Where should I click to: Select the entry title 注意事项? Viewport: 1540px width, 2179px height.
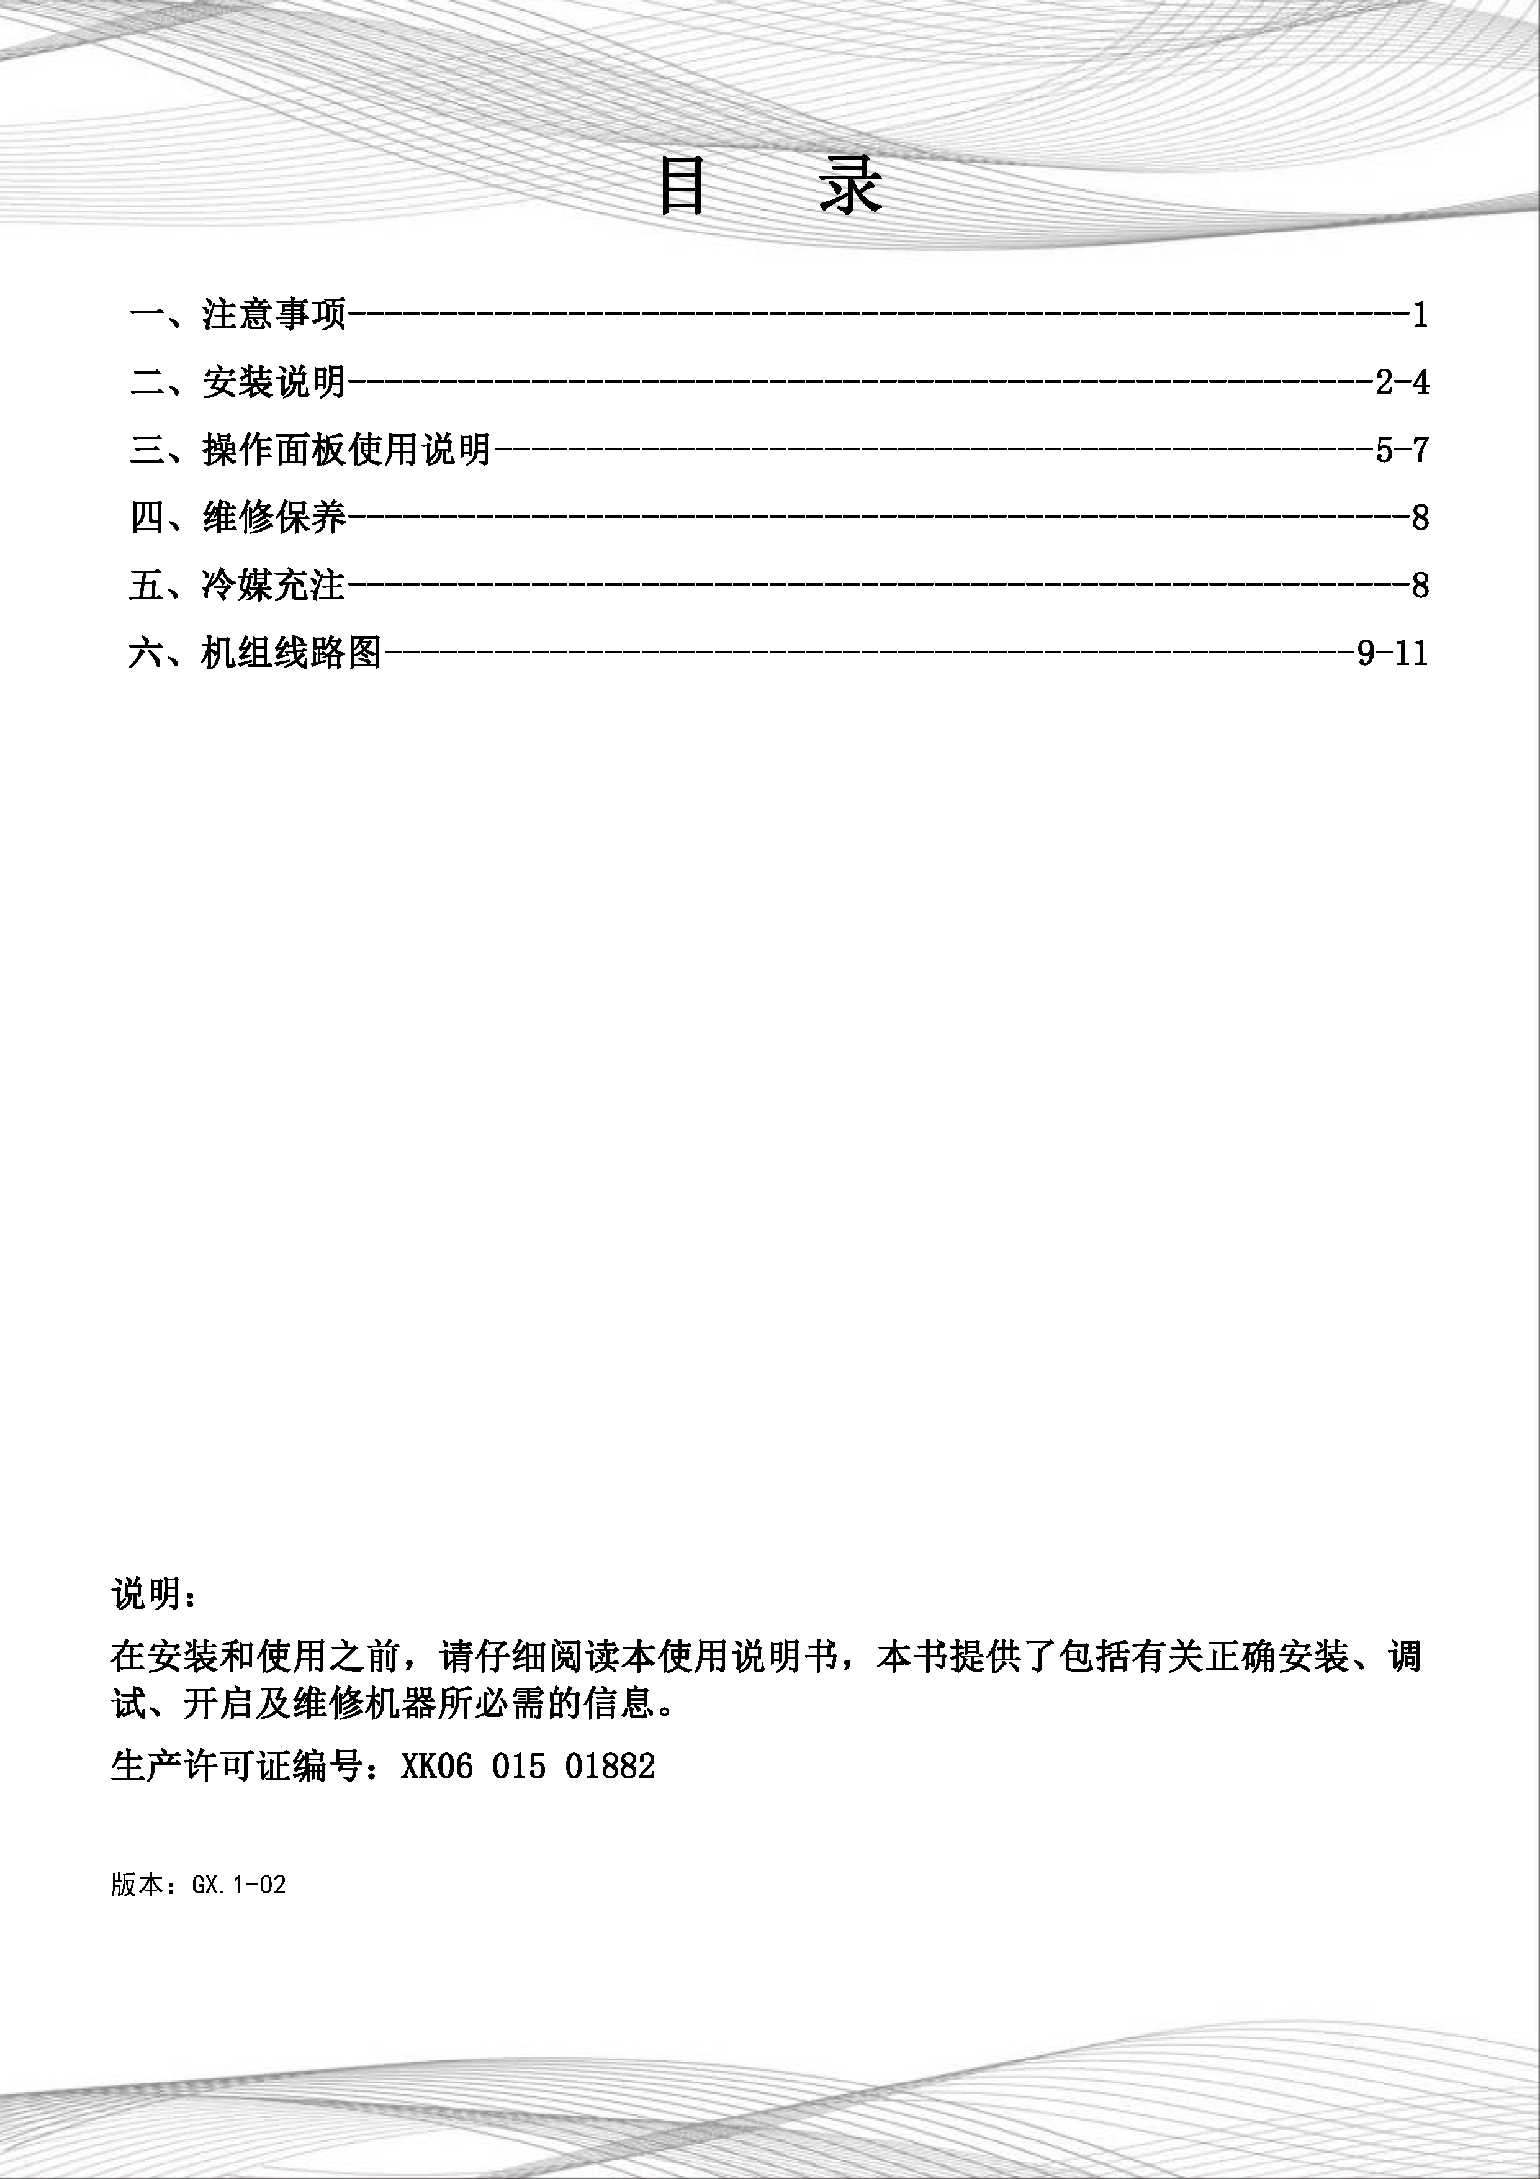coord(274,314)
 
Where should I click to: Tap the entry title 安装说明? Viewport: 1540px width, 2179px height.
coord(274,383)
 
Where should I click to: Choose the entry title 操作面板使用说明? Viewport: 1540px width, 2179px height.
coord(346,450)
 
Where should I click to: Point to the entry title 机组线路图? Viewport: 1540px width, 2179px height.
coord(291,653)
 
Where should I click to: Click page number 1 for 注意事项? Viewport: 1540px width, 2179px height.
coord(1420,314)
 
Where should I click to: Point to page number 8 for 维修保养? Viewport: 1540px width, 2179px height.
coord(1420,518)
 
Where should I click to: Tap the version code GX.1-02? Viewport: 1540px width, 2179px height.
coord(238,1884)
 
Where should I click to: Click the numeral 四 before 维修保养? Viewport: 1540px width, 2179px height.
coord(147,518)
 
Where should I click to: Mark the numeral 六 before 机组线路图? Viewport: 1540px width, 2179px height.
coord(147,653)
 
